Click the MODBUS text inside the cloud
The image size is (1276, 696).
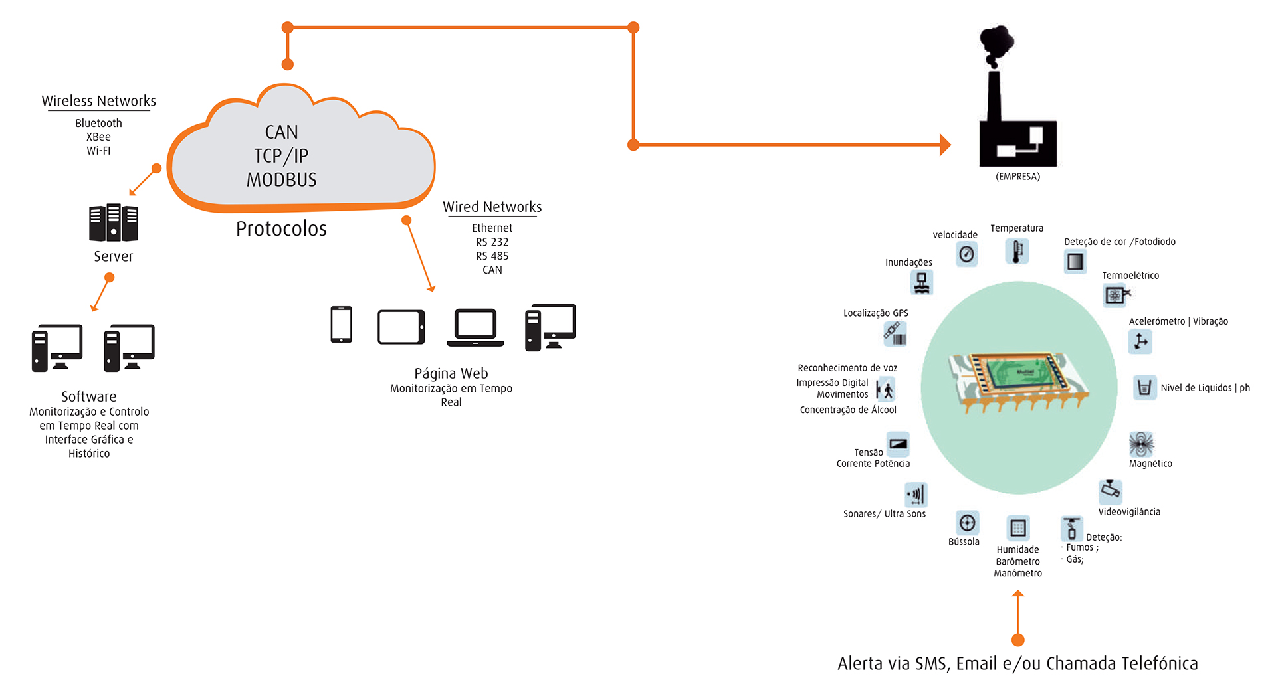tap(281, 180)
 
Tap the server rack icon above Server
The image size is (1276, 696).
tap(114, 222)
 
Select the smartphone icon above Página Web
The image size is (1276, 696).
tap(341, 325)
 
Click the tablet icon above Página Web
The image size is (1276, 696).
tap(401, 327)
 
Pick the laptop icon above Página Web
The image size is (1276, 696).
tap(475, 327)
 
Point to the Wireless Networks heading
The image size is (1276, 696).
tap(99, 101)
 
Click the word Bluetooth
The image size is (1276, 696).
tap(98, 123)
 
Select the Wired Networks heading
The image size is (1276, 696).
tap(492, 207)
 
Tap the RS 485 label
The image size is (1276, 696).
tap(492, 256)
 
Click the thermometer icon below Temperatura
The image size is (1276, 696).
tap(1017, 252)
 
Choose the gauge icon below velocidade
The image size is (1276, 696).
tap(967, 254)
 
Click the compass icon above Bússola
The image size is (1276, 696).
tap(967, 523)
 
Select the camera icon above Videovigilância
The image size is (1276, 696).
tap(1111, 491)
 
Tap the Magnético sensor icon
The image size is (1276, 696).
tap(1141, 443)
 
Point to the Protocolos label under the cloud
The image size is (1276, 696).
tap(281, 229)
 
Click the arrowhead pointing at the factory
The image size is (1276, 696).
tap(945, 145)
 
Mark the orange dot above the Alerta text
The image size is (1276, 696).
tap(1017, 640)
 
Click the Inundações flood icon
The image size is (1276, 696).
tap(922, 283)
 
